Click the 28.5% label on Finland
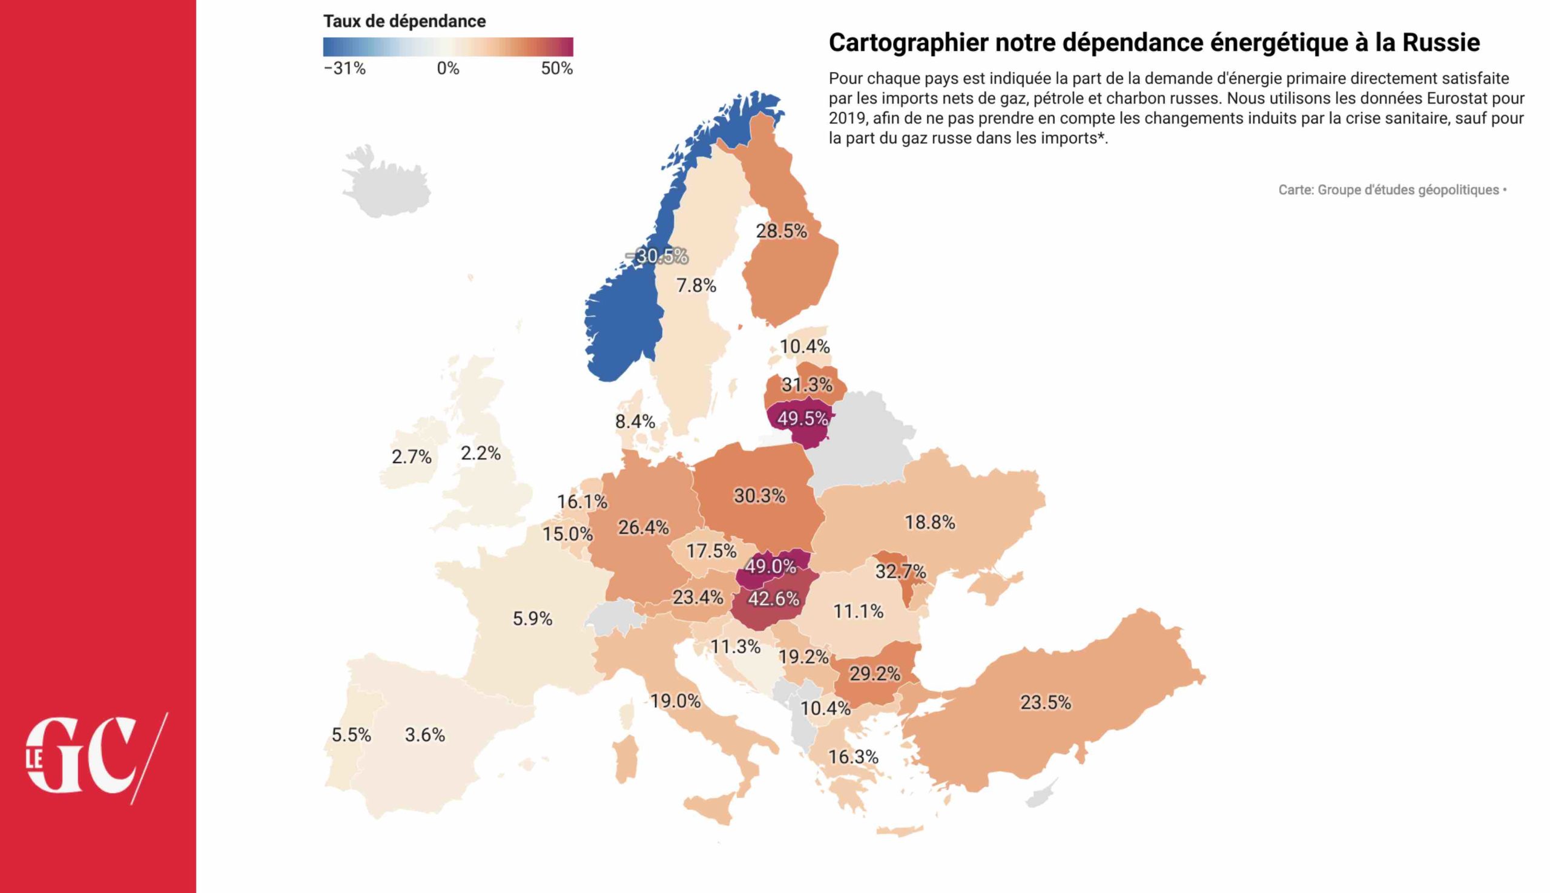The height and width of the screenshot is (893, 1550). pos(781,231)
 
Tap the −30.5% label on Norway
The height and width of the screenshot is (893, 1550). pos(657,256)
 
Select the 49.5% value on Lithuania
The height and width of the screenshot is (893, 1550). pos(802,419)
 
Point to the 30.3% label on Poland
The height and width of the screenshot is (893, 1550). pos(759,496)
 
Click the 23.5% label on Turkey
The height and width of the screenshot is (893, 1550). pos(1045,702)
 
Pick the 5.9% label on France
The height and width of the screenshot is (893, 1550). pos(532,618)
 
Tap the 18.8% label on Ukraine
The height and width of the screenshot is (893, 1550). pos(930,522)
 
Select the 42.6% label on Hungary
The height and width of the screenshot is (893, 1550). pos(773,599)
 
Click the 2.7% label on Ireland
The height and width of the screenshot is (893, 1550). pos(412,457)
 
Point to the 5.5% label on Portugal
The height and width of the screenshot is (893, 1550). pos(351,735)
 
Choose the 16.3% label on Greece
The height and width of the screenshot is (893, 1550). pos(853,757)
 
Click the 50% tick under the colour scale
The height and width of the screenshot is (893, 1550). pos(556,68)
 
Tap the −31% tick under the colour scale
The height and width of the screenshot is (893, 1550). pos(345,68)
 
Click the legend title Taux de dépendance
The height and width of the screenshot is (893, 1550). pos(404,21)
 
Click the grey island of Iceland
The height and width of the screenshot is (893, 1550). pos(386,184)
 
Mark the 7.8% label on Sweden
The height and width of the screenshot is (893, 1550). pos(696,286)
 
